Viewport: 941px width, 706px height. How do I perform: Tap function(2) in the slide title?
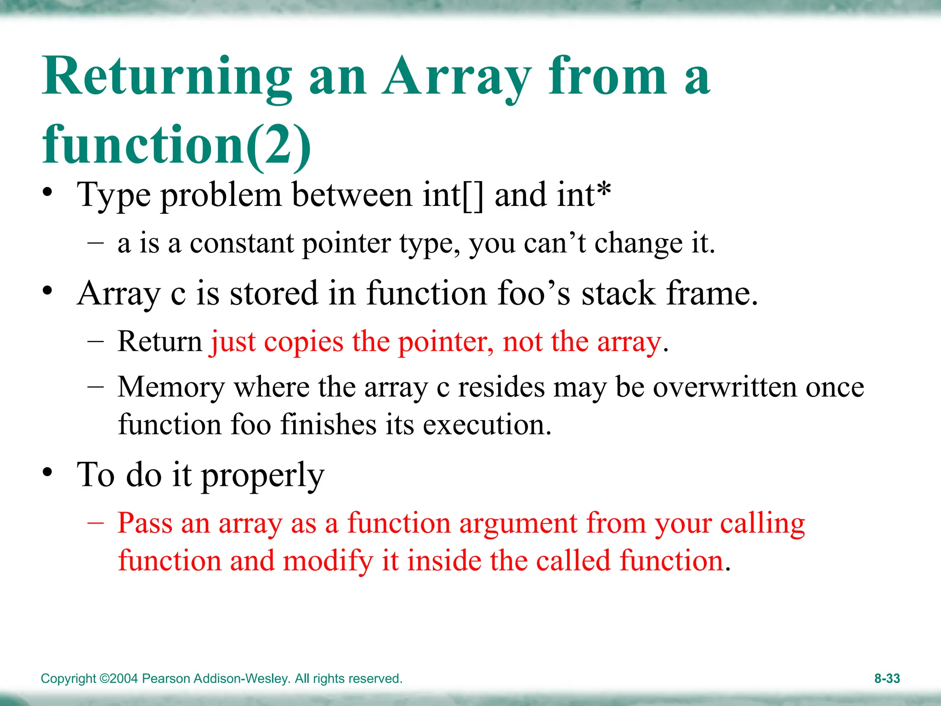tap(177, 145)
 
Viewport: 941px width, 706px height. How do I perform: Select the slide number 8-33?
tap(887, 678)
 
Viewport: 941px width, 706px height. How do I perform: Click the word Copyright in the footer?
tap(68, 678)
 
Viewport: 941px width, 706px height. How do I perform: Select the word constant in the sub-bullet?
tap(242, 243)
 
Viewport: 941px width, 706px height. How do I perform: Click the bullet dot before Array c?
tap(48, 291)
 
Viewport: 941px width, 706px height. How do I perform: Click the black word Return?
tap(159, 342)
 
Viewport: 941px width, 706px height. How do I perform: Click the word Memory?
tap(171, 387)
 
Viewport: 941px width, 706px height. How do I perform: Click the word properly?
tap(263, 476)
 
